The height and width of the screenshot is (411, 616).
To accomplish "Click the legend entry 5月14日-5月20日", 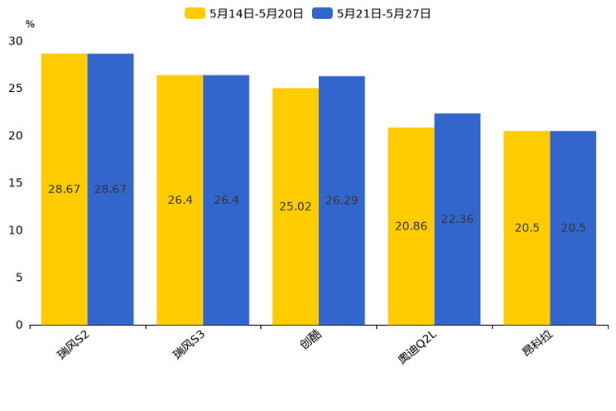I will coord(245,13).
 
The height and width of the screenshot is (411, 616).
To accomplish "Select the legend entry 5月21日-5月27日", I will coord(373,13).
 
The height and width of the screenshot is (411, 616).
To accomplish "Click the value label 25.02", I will coord(296,206).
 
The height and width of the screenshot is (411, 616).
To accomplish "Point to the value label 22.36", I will coord(457,220).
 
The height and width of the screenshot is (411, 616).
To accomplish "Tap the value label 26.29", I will coord(342,201).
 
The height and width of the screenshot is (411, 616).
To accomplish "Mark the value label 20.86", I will coord(411,226).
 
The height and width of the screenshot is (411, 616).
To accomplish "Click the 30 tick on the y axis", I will coord(17,41).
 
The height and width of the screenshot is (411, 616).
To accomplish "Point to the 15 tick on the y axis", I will coord(17,183).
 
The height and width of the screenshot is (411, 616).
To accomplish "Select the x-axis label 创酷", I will coord(311,341).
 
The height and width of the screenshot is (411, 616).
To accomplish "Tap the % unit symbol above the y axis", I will coord(30,25).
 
